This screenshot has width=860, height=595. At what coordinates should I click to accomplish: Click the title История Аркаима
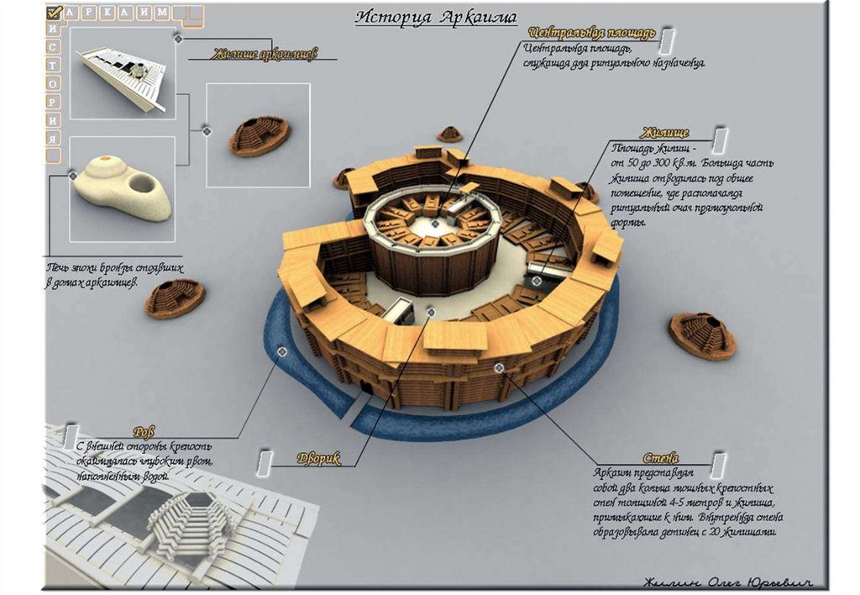(x=435, y=17)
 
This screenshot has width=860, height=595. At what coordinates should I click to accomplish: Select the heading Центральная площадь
(x=591, y=34)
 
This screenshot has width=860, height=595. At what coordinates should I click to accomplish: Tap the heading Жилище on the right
(x=665, y=133)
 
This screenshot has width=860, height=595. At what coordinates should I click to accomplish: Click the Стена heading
(x=661, y=459)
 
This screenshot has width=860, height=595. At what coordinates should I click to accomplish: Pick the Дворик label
(x=318, y=459)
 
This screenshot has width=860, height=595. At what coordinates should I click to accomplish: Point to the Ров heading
(x=144, y=432)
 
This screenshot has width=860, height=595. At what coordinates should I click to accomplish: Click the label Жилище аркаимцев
(x=264, y=55)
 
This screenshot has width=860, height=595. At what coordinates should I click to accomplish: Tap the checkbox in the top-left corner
(x=54, y=13)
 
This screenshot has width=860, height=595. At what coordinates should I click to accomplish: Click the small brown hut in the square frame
(x=259, y=135)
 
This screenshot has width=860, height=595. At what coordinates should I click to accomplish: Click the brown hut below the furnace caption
(x=175, y=298)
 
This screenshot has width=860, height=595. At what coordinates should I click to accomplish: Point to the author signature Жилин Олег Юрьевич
(x=729, y=582)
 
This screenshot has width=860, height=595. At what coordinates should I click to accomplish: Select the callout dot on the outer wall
(x=499, y=367)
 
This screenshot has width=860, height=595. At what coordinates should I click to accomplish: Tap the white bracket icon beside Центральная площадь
(x=666, y=39)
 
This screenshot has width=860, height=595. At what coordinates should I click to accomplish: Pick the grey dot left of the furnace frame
(x=73, y=175)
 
